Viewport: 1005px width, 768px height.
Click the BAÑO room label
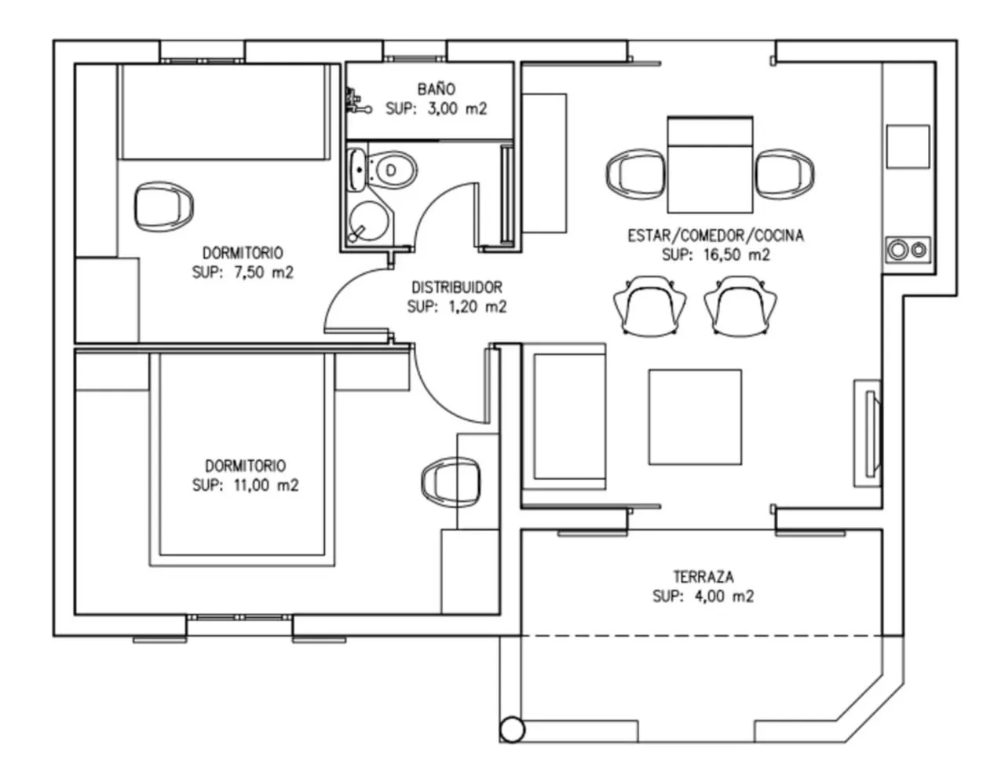(436, 90)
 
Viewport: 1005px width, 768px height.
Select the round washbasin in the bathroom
(365, 221)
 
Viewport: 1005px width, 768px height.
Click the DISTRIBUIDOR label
(456, 287)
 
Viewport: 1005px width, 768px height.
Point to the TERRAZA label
(703, 576)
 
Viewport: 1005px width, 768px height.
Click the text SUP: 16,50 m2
(715, 254)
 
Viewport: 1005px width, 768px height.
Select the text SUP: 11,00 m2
(245, 485)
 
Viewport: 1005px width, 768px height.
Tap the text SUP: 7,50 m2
(243, 272)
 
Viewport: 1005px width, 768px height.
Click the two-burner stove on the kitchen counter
(907, 250)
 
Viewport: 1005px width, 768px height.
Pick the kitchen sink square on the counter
(908, 146)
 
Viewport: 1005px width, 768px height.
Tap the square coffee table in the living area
(695, 417)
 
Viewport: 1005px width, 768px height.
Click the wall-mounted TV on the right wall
(870, 433)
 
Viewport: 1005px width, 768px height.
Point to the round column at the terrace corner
(512, 730)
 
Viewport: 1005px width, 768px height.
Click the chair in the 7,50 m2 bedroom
(163, 206)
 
